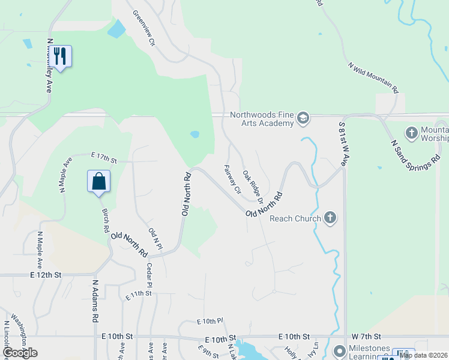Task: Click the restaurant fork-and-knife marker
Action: (x=59, y=56)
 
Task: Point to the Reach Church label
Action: (x=295, y=218)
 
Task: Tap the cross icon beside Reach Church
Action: (x=330, y=218)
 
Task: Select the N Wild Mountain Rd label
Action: (x=373, y=77)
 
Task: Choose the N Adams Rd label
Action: (x=95, y=302)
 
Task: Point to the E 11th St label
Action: (x=139, y=293)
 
